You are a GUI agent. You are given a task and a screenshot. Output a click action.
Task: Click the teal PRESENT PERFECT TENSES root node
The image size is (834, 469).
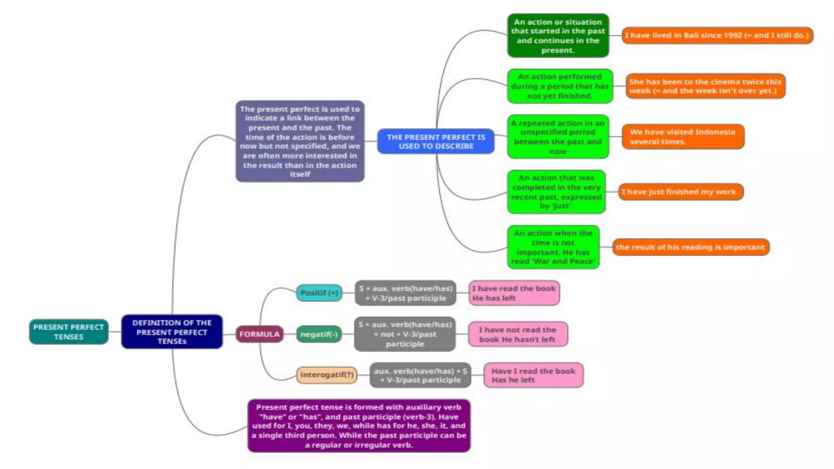point(68,332)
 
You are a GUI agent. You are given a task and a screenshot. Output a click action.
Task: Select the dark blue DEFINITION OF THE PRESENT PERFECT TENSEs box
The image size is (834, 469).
point(172,332)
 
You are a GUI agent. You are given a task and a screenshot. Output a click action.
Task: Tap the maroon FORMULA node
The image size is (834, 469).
point(259,334)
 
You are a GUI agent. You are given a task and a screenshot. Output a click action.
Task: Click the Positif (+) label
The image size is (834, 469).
point(319,293)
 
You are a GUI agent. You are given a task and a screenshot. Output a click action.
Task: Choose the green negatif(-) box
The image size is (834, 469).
point(319,334)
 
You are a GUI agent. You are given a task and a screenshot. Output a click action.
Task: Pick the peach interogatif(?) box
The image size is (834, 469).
point(327,375)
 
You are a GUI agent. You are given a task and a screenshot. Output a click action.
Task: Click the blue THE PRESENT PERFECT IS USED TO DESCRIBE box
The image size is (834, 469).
point(436,141)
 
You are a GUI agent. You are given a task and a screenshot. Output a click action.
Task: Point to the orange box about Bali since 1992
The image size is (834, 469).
point(717,35)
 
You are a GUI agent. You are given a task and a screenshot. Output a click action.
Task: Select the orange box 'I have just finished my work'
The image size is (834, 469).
point(680,192)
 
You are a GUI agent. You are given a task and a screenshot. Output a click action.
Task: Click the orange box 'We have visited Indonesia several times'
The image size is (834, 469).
point(683,137)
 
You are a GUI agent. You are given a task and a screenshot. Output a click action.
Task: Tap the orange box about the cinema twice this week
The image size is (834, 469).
point(705,86)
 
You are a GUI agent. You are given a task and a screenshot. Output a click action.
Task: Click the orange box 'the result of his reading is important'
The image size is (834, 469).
point(690,247)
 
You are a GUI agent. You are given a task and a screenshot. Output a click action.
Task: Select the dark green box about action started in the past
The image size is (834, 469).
point(557,36)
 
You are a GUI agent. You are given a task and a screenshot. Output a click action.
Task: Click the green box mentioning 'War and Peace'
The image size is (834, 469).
point(553,247)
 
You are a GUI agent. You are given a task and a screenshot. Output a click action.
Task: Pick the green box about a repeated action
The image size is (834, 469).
point(557,137)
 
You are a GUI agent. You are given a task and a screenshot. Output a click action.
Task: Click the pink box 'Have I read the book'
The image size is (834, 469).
point(533,375)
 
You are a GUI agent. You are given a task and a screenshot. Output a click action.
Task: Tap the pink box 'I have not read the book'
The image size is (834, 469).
point(517,334)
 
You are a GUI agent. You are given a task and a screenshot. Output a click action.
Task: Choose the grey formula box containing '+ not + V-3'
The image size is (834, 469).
point(405,334)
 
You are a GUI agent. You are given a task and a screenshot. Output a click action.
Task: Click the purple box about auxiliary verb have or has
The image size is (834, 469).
point(359,426)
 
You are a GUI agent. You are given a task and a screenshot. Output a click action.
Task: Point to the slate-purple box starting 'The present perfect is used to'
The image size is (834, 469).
point(300,141)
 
